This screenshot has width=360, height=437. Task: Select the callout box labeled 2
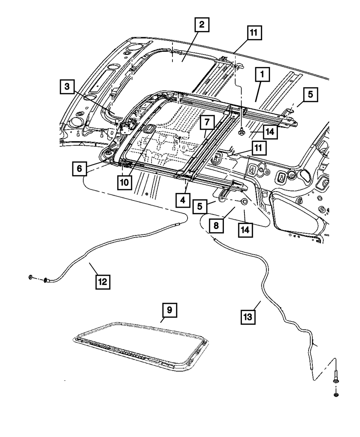(x=202, y=25)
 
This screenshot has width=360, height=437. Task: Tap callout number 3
(x=67, y=87)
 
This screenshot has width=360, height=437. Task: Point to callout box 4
(x=183, y=199)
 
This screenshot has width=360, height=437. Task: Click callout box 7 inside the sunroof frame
(x=207, y=123)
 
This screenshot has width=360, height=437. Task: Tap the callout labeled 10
(x=125, y=183)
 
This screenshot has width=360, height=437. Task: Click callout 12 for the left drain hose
(x=103, y=282)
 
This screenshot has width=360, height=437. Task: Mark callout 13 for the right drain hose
(x=249, y=317)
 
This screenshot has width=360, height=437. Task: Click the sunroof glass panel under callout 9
(x=140, y=344)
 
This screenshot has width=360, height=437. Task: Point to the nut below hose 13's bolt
(x=336, y=395)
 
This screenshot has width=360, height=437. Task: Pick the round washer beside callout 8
(x=244, y=202)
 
